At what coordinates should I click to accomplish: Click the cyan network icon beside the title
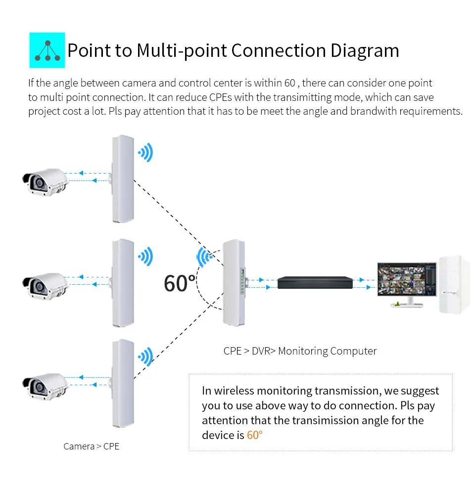point(47,50)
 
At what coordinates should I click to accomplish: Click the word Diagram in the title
point(364,50)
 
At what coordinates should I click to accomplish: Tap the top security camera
point(45,181)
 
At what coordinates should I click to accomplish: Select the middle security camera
point(45,285)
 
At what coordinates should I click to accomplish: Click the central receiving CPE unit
point(234,282)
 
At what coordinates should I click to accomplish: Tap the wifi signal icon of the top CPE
point(145,153)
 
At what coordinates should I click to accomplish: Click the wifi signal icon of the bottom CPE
point(145,357)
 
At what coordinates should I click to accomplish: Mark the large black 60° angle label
point(180,283)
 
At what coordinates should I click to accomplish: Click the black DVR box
point(316,282)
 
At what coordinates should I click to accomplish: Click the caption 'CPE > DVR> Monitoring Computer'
point(300,351)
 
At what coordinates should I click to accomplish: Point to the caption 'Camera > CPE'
point(92,447)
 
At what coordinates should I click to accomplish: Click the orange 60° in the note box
point(254,435)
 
